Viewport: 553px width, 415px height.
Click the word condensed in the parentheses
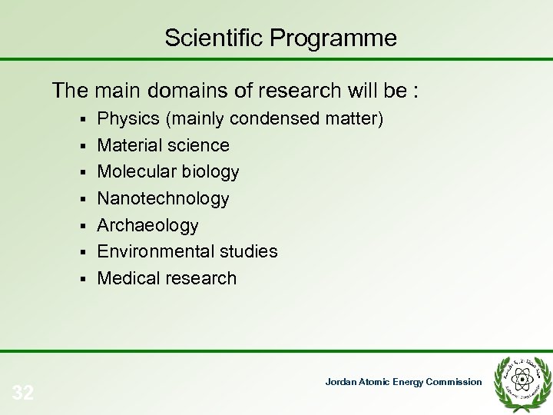[273, 119]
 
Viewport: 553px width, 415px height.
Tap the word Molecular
[132, 171]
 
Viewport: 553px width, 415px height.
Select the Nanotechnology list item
[163, 198]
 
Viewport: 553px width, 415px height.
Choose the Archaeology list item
[147, 225]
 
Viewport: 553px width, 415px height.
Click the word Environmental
[152, 251]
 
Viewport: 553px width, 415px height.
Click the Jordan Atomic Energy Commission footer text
[403, 382]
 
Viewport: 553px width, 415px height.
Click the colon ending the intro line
[416, 92]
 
